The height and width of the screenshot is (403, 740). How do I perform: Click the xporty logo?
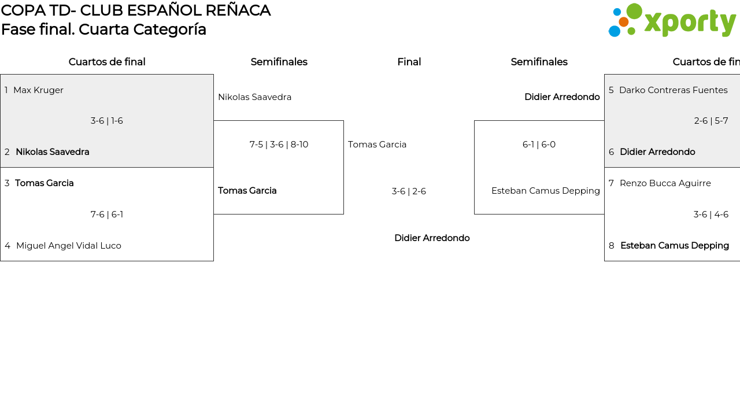[x=672, y=20]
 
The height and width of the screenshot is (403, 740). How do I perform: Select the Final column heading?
[x=409, y=62]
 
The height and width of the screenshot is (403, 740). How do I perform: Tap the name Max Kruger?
[x=38, y=90]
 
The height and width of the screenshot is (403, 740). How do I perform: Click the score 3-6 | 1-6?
[x=107, y=121]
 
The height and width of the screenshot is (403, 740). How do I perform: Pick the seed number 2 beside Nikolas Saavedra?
[x=7, y=152]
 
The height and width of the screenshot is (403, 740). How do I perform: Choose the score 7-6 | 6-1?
[x=107, y=215]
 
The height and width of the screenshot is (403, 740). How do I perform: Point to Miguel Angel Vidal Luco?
[x=69, y=246]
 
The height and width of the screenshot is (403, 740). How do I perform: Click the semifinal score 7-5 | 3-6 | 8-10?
[x=279, y=145]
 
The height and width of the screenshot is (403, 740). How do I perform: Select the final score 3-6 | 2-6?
[x=409, y=191]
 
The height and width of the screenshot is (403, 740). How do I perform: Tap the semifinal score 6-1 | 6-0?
[x=539, y=145]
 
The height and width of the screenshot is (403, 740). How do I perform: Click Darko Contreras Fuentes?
[x=674, y=90]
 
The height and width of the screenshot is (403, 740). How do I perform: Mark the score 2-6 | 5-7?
[x=711, y=121]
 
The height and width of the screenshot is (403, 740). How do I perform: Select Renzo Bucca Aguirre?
[x=665, y=183]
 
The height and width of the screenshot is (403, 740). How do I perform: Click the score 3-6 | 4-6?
[x=711, y=215]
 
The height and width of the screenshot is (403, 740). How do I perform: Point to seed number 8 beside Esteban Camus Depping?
[x=612, y=246]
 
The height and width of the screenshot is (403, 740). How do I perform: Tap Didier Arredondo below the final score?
[x=432, y=238]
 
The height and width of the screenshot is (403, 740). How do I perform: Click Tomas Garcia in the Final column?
[x=377, y=145]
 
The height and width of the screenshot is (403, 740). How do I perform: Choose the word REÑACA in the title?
[x=238, y=10]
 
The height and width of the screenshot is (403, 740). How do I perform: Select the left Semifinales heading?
[x=279, y=62]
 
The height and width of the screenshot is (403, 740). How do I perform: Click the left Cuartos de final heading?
[x=107, y=62]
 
